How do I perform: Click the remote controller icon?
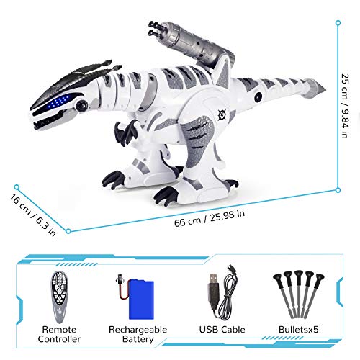pyautogui.click(x=59, y=297)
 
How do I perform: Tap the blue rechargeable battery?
pyautogui.click(x=141, y=300)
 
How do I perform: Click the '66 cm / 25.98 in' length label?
pyautogui.click(x=210, y=218)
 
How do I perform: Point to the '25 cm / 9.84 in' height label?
pyautogui.click(x=345, y=106)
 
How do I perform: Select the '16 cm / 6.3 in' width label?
pyautogui.click(x=33, y=215)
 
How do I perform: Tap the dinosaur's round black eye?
pyautogui.click(x=81, y=105)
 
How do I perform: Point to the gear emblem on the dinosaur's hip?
pyautogui.click(x=222, y=114)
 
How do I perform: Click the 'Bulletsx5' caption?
pyautogui.click(x=299, y=329)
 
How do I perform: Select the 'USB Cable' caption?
pyautogui.click(x=222, y=330)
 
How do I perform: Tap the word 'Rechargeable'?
pyautogui.click(x=138, y=330)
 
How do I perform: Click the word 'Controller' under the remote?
pyautogui.click(x=59, y=339)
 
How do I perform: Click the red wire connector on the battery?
pyautogui.click(x=122, y=287)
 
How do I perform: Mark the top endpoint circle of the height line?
pyautogui.click(x=338, y=23)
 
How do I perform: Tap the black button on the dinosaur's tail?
pyautogui.click(x=258, y=97)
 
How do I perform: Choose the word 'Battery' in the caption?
pyautogui.click(x=138, y=339)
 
